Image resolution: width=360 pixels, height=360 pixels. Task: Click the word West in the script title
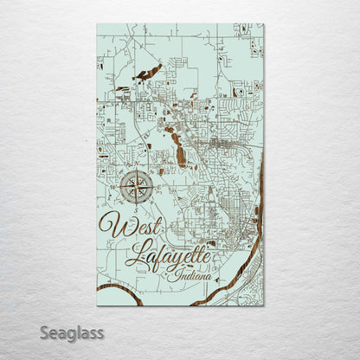pyautogui.click(x=132, y=226)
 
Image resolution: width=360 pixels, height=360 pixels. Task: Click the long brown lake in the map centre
pyautogui.click(x=181, y=157)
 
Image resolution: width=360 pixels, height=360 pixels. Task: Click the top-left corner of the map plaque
pyautogui.click(x=97, y=24)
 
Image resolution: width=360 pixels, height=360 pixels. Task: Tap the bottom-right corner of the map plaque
pyautogui.click(x=264, y=305)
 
